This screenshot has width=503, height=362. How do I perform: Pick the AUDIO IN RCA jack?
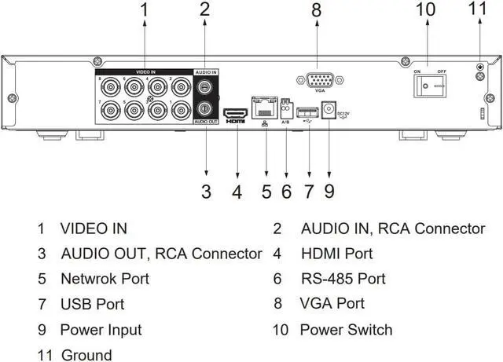pyautogui.click(x=205, y=87)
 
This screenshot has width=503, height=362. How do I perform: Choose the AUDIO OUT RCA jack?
pyautogui.click(x=205, y=108)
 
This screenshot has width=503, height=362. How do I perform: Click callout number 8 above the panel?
pyautogui.click(x=316, y=10)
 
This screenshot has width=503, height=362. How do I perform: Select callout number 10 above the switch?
pyautogui.click(x=425, y=10)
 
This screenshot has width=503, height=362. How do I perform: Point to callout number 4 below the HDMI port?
pyautogui.click(x=237, y=191)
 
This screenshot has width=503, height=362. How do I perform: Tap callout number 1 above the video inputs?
pyautogui.click(x=145, y=10)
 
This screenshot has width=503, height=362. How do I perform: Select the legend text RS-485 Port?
pyautogui.click(x=343, y=279)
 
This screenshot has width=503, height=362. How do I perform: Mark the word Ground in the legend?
pyautogui.click(x=86, y=355)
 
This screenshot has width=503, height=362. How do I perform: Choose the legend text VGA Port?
pyautogui.click(x=332, y=303)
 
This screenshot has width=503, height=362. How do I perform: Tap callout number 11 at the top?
pyautogui.click(x=479, y=10)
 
